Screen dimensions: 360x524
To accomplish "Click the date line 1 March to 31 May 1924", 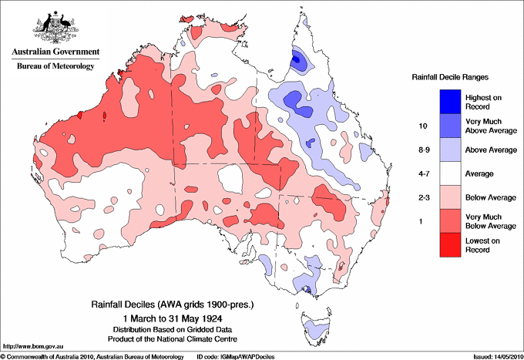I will (x=174, y=318).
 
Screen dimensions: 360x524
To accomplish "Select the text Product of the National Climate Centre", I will (x=174, y=339).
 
